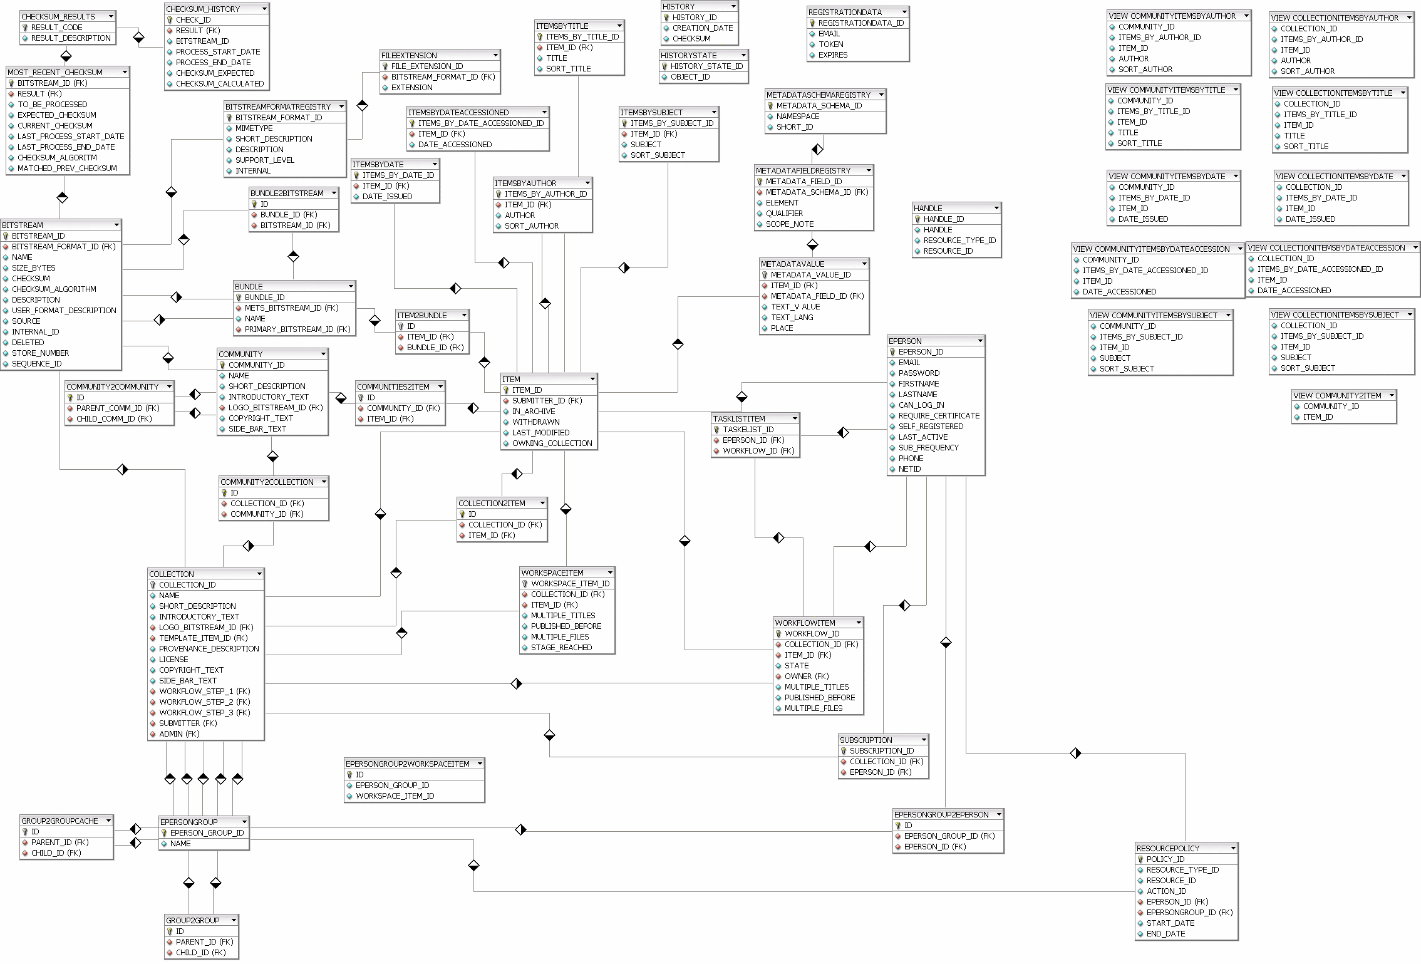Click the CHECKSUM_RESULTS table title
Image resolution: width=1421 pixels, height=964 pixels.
[58, 16]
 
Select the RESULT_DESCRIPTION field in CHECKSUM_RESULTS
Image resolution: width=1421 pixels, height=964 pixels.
[71, 38]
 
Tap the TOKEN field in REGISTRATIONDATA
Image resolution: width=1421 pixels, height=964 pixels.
[830, 44]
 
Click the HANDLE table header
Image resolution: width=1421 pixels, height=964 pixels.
[928, 208]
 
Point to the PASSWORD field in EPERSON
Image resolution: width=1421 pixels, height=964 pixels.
[919, 373]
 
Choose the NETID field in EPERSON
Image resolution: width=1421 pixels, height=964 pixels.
[909, 469]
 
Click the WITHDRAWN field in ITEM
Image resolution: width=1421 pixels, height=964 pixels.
[535, 422]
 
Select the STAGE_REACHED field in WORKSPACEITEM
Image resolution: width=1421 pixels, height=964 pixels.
[561, 648]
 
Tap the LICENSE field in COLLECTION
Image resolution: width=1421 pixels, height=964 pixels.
[173, 660]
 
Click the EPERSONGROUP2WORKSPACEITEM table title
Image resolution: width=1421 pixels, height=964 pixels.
[407, 764]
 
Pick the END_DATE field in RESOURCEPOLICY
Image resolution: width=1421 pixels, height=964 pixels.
[1165, 934]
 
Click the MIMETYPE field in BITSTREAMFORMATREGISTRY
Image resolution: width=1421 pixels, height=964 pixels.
[254, 128]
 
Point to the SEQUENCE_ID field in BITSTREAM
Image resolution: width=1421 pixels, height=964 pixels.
[36, 364]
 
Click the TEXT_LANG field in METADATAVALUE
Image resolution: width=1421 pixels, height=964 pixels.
[792, 318]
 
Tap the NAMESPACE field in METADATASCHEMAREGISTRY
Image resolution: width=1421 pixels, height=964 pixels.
[798, 117]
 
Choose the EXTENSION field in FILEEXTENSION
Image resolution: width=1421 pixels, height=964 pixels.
[411, 88]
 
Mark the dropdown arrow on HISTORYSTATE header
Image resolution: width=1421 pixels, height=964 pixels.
[743, 56]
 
